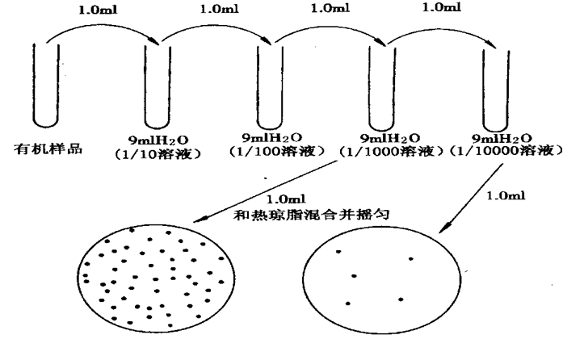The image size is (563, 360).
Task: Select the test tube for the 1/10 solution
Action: tap(155, 85)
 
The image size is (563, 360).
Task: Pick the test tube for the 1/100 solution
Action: tap(267, 85)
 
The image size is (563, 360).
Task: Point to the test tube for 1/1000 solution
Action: tap(379, 85)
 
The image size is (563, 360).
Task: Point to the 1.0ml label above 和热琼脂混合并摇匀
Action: tap(284, 199)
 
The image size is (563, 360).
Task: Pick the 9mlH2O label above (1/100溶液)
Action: tap(271, 137)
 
